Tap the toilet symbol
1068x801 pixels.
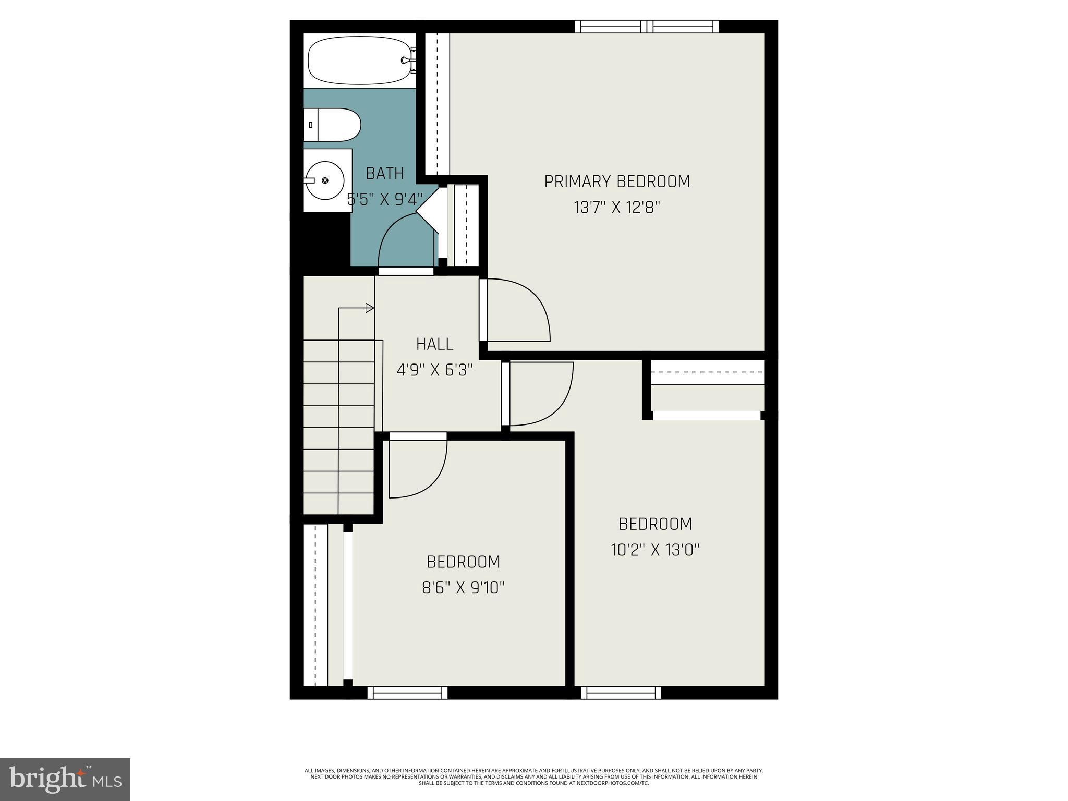tap(332, 125)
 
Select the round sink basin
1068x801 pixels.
tap(324, 180)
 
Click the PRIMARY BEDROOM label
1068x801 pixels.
tap(617, 181)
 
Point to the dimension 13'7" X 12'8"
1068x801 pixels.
tap(617, 208)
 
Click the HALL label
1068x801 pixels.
tap(434, 344)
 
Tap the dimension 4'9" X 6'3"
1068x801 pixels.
tap(434, 370)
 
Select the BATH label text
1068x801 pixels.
tap(385, 173)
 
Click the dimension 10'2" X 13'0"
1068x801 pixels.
tap(655, 550)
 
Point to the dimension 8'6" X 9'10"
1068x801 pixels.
tap(463, 588)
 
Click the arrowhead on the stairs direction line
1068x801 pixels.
tap(370, 308)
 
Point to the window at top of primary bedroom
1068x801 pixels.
tap(647, 27)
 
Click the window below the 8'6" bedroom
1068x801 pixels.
tap(407, 693)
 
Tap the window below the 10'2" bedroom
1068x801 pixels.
tap(621, 693)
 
